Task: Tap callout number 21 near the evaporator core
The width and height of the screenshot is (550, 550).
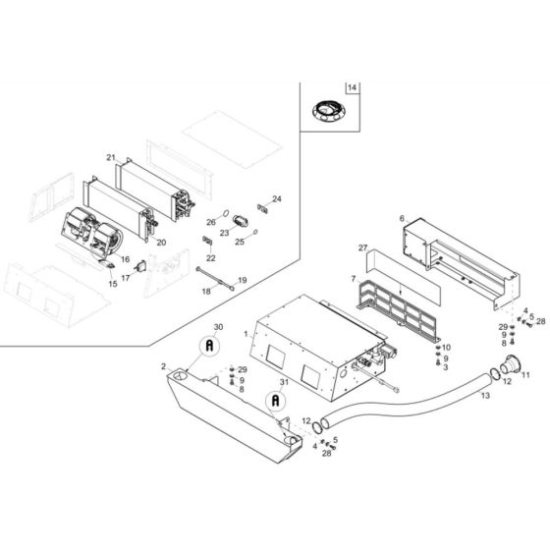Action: coord(111,158)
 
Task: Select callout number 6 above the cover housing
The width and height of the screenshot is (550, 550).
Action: coord(402,218)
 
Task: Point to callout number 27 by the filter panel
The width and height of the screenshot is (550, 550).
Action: coord(362,248)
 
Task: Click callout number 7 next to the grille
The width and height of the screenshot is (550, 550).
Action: coord(353,280)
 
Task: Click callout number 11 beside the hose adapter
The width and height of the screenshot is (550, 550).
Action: coord(525,375)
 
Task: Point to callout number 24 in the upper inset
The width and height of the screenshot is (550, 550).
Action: coord(277,198)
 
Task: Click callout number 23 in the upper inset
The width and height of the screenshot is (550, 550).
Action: coord(224,233)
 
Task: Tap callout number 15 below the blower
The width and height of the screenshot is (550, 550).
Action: coord(111,283)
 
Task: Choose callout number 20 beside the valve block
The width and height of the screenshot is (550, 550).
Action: coord(161,242)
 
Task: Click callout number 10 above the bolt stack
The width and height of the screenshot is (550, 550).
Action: coord(447,348)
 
